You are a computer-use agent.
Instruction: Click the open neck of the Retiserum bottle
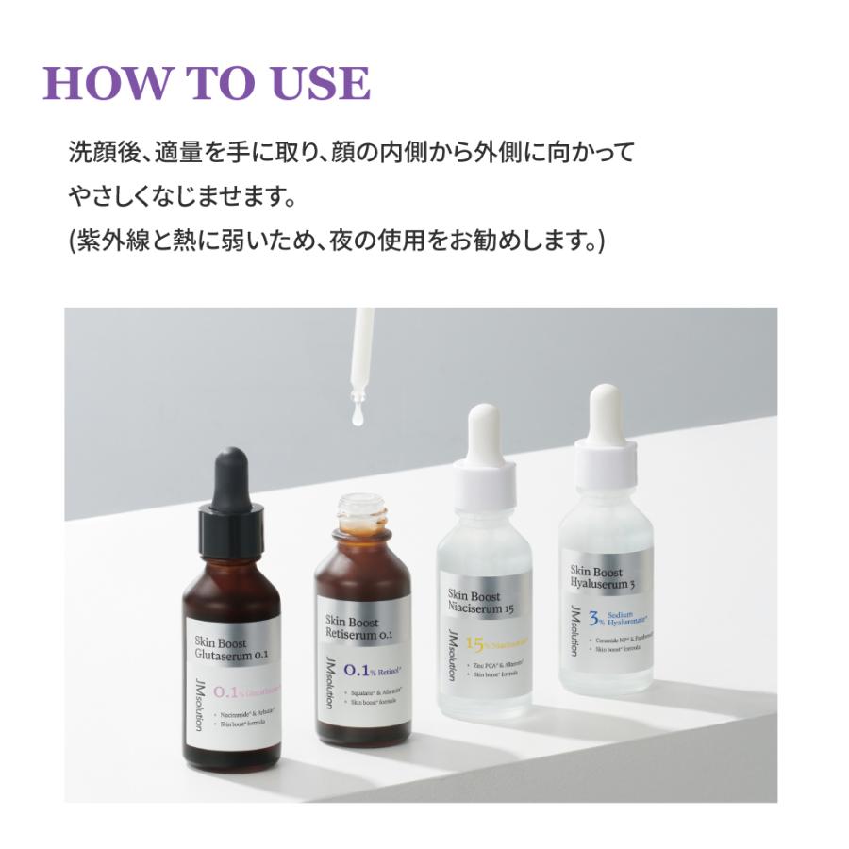[x=363, y=509]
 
